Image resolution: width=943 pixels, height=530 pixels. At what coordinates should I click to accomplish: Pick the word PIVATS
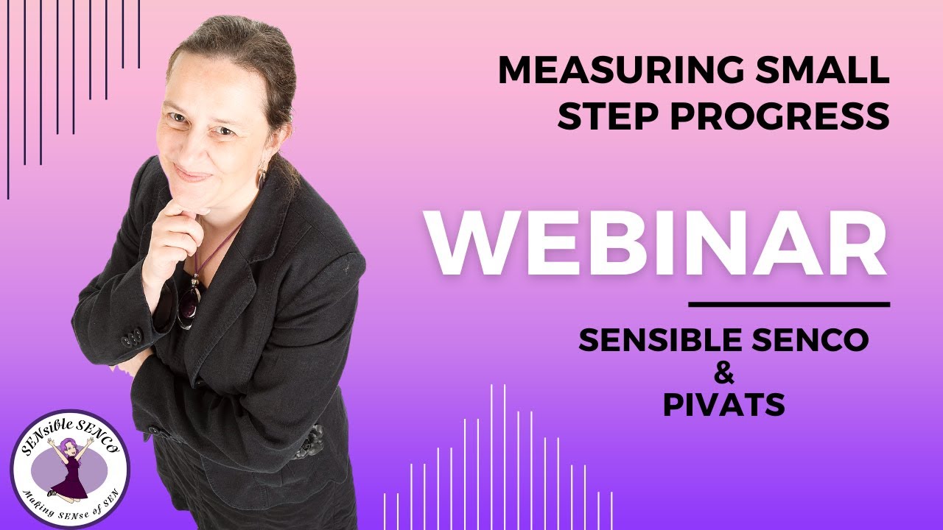point(723,405)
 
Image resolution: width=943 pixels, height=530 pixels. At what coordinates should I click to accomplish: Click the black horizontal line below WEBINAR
point(789,304)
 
